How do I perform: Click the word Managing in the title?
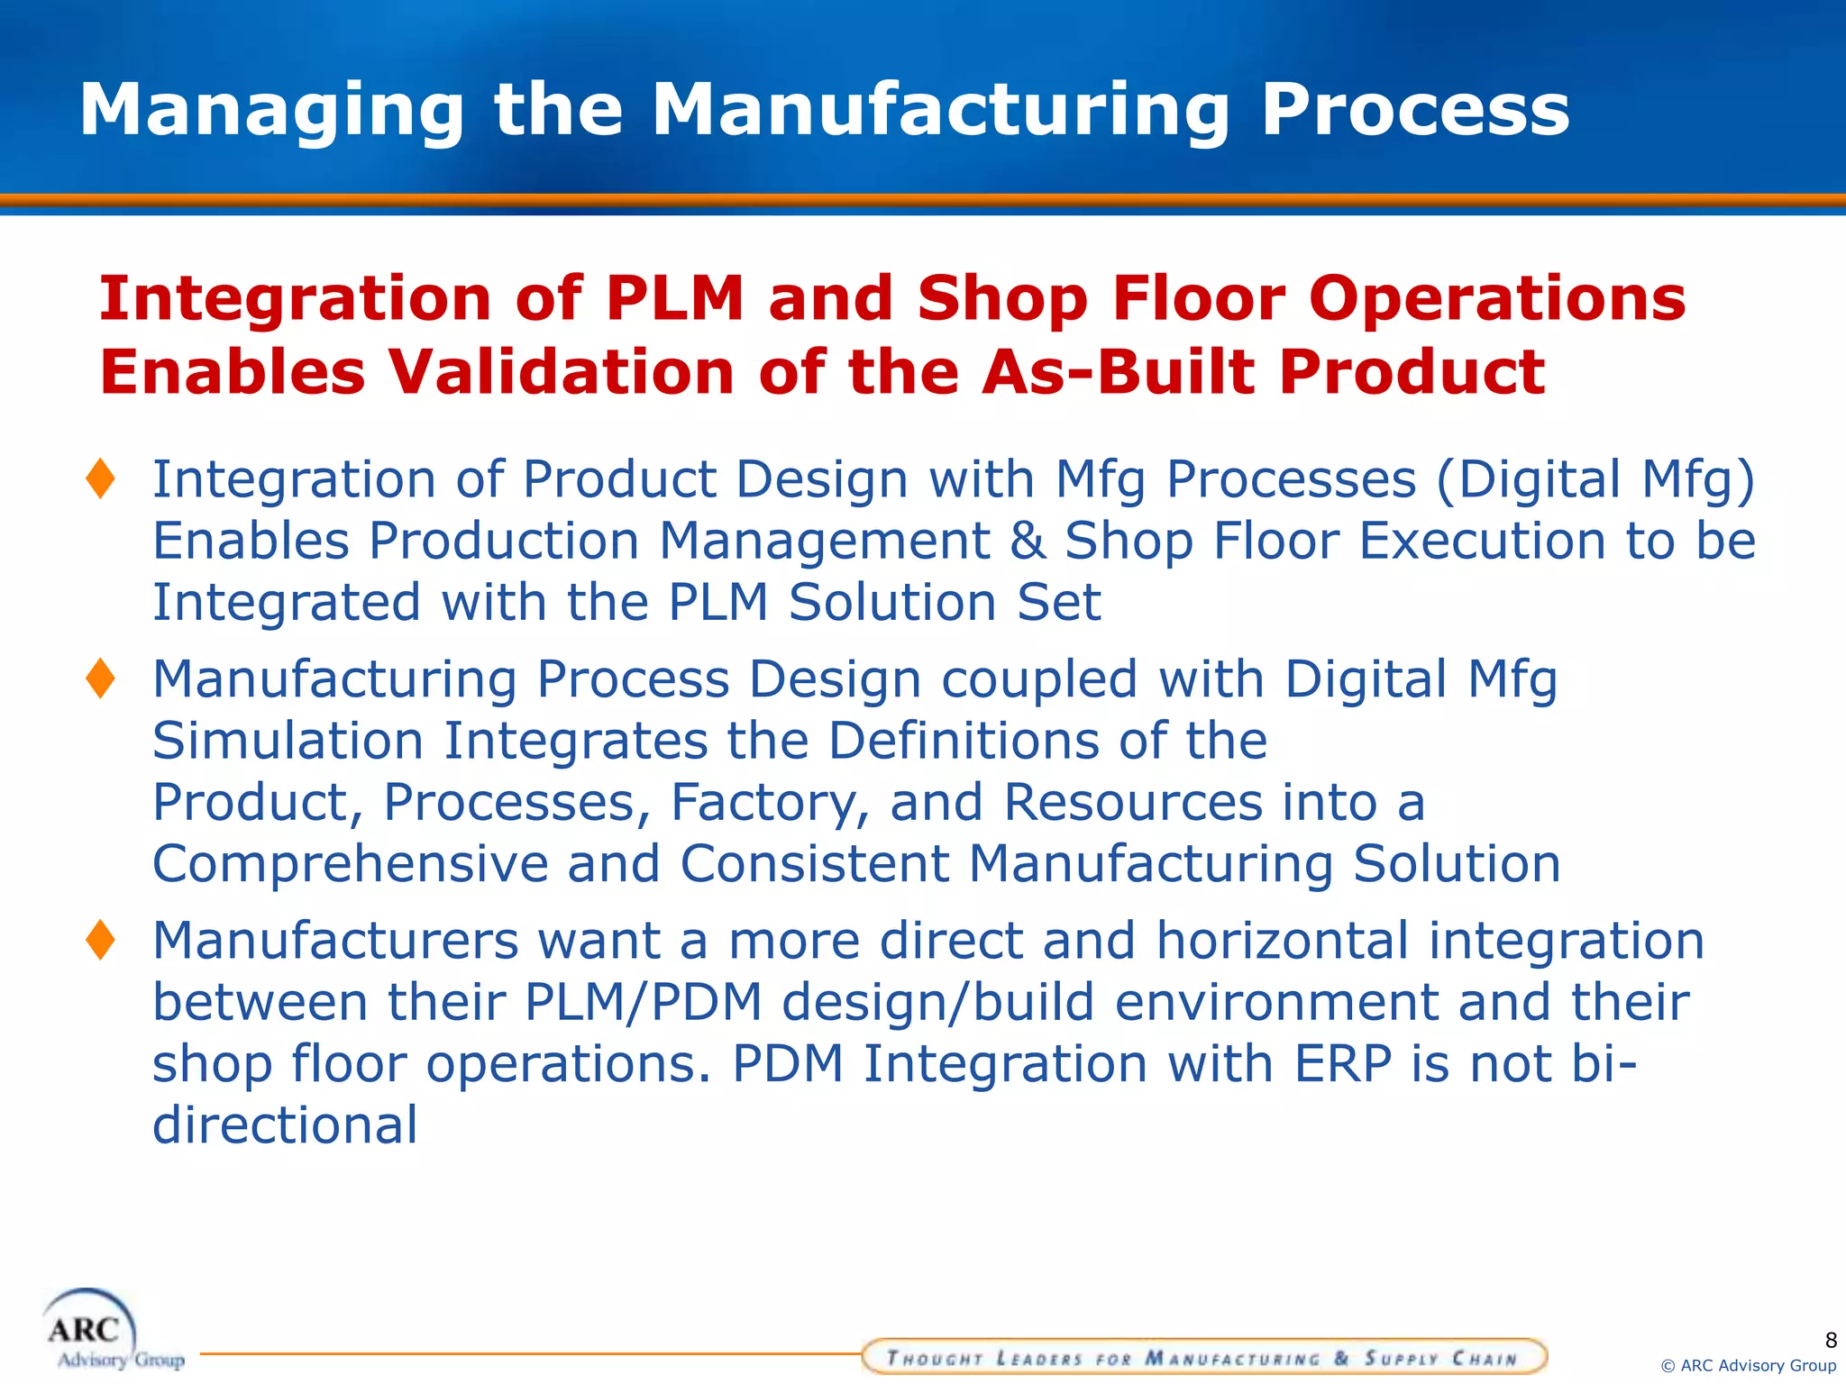pyautogui.click(x=271, y=111)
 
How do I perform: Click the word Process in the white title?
pyautogui.click(x=1414, y=111)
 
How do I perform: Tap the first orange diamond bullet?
pyautogui.click(x=100, y=478)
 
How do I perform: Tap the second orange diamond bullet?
pyautogui.click(x=100, y=678)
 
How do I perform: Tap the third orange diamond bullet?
pyautogui.click(x=100, y=940)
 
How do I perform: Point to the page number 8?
pyautogui.click(x=1830, y=1340)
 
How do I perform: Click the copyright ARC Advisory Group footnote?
pyautogui.click(x=1748, y=1366)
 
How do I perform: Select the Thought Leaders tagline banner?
pyautogui.click(x=1203, y=1357)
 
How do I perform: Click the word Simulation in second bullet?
pyautogui.click(x=288, y=741)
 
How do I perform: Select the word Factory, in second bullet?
pyautogui.click(x=770, y=802)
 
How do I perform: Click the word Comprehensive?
pyautogui.click(x=350, y=864)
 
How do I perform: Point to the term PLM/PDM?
pyautogui.click(x=643, y=1002)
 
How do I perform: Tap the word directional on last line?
pyautogui.click(x=285, y=1125)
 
